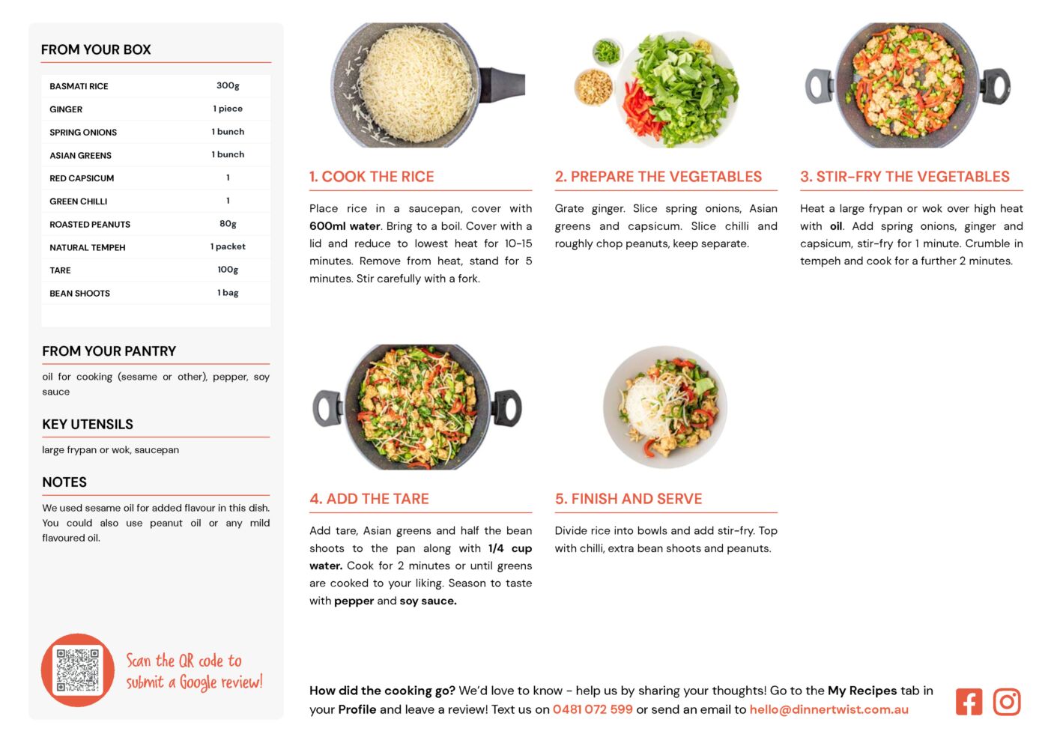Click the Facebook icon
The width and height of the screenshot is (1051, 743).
[969, 702]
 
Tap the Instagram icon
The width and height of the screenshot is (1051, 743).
[1006, 702]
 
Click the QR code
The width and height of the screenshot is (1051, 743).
[77, 670]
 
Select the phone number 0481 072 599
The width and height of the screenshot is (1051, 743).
[593, 709]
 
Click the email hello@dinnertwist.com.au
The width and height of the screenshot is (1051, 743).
[829, 709]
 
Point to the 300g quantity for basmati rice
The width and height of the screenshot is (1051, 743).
[228, 86]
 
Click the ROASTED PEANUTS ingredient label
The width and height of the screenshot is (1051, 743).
[90, 225]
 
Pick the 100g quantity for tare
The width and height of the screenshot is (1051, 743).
[228, 270]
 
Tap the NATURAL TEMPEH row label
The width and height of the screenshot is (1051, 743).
[88, 248]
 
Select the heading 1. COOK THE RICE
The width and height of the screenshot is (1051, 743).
[372, 176]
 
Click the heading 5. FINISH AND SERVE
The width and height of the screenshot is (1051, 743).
[629, 499]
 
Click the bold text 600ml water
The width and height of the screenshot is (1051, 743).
[345, 226]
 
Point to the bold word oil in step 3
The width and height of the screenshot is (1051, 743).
[836, 226]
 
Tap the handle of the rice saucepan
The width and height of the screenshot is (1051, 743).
[502, 85]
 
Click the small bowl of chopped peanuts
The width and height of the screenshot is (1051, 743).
[593, 87]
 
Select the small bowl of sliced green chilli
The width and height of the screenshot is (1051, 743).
[607, 51]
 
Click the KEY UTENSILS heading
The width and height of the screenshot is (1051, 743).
[88, 425]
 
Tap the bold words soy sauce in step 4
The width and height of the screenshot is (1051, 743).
[428, 601]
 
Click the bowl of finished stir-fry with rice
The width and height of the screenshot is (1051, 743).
[665, 407]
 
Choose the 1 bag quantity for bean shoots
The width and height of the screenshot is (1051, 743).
[228, 293]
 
